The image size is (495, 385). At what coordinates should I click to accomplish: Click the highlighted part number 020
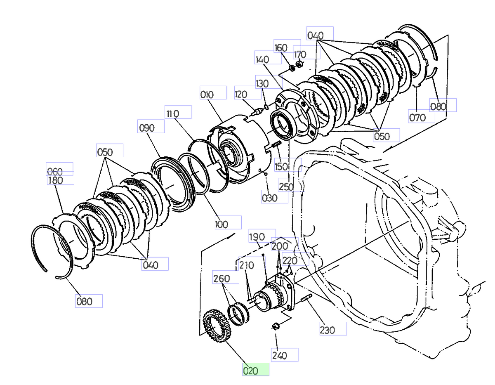(256, 370)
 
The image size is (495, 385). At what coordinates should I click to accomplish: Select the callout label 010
(213, 93)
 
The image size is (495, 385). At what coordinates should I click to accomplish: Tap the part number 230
(333, 329)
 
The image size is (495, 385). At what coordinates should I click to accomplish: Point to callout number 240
(285, 355)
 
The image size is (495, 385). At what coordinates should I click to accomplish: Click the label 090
(151, 126)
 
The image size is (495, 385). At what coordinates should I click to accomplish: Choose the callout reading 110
(178, 112)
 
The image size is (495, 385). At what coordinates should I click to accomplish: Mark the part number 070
(422, 117)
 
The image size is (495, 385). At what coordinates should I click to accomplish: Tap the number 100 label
(228, 222)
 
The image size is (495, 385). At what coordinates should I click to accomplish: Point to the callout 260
(226, 277)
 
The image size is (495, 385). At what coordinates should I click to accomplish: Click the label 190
(262, 236)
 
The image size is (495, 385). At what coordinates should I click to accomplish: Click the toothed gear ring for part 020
(215, 326)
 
